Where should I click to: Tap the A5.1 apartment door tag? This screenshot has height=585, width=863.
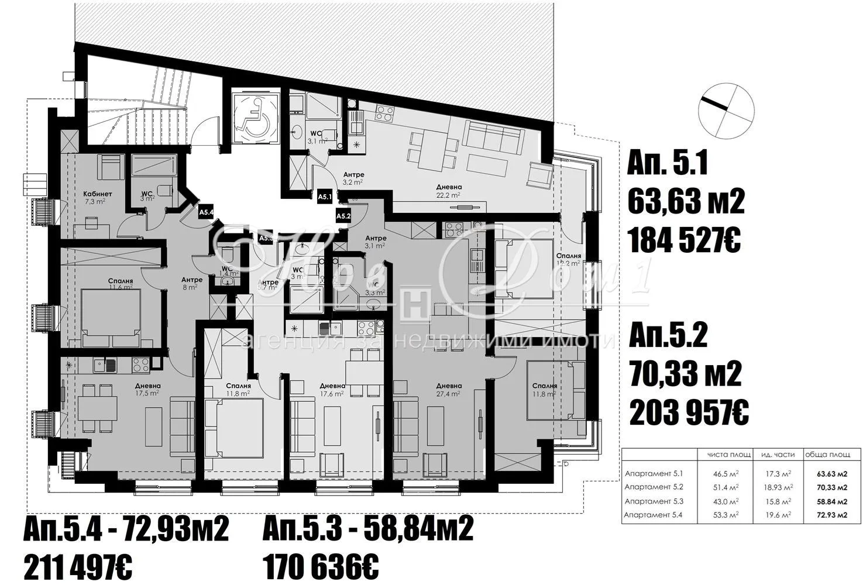325,198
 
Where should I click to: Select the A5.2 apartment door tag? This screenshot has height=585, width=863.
343,216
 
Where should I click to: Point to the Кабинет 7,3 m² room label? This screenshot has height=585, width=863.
98,198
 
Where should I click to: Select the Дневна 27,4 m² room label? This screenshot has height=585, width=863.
449,390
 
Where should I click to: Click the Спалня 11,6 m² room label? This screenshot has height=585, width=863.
121,284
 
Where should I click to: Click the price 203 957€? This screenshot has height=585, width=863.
689,413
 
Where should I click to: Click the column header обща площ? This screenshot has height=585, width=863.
825,455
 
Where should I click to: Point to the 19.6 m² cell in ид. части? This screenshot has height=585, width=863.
776,515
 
